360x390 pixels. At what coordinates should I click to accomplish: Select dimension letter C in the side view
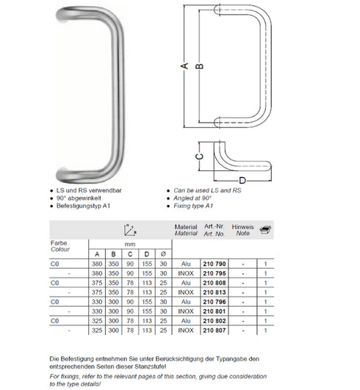point(198,156)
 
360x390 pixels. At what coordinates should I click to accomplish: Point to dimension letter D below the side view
point(241,181)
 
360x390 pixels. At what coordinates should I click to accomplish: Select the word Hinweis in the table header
point(242,228)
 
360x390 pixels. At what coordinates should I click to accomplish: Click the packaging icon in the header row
point(266,230)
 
